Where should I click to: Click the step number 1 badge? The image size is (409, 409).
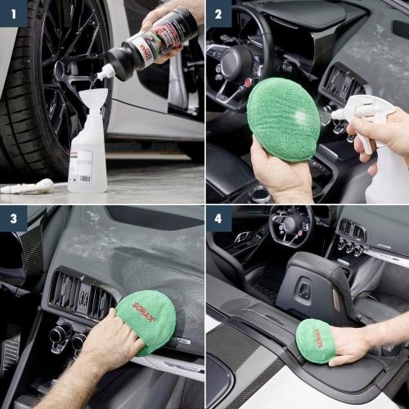[12, 12]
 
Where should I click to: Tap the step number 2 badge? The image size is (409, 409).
[218, 12]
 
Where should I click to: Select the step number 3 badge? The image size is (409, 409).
[12, 218]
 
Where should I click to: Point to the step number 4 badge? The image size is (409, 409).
[218, 218]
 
